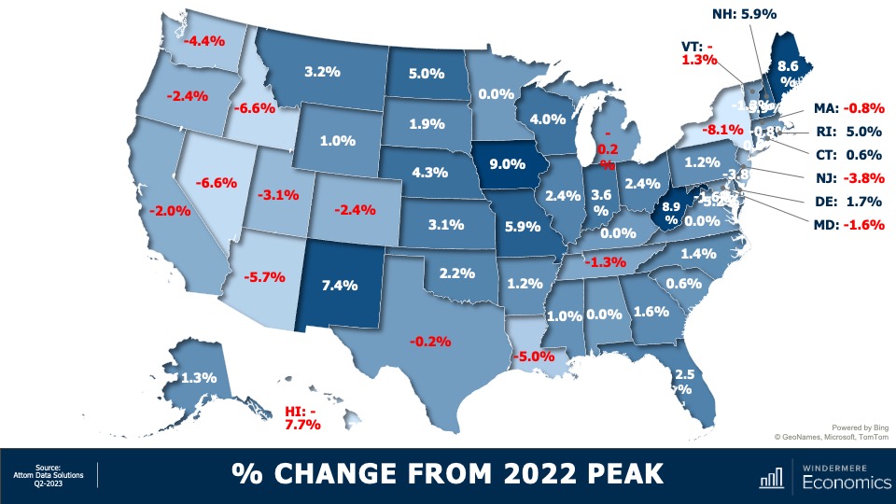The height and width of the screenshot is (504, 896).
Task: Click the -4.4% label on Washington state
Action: (x=203, y=41)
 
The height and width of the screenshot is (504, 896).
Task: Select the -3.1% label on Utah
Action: (x=278, y=195)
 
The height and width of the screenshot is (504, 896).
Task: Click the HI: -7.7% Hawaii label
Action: (x=302, y=417)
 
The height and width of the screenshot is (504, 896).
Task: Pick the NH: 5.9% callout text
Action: (x=745, y=13)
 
